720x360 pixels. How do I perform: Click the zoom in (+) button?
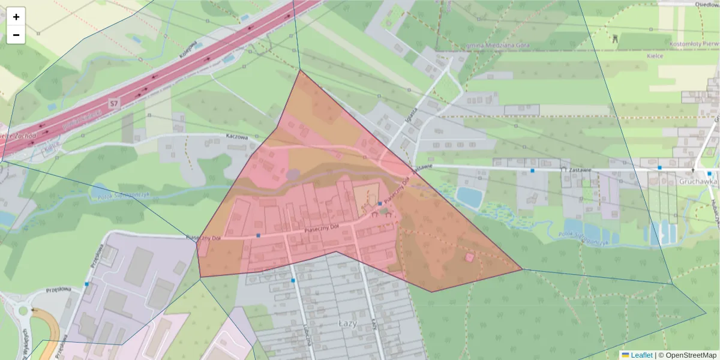tap(16, 16)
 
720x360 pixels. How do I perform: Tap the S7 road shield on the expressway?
tap(113, 104)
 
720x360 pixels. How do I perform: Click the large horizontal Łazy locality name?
tap(347, 323)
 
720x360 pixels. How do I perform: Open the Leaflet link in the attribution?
tap(641, 355)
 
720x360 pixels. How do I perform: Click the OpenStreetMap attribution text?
tap(687, 355)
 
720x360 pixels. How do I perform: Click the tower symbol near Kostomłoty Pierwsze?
tap(614, 38)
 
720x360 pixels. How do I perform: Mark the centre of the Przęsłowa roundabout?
tap(23, 311)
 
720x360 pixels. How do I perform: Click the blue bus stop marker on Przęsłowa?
tap(87, 284)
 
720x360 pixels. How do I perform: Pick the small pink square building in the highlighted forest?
tap(469, 257)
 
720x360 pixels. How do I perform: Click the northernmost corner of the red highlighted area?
tap(300, 70)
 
